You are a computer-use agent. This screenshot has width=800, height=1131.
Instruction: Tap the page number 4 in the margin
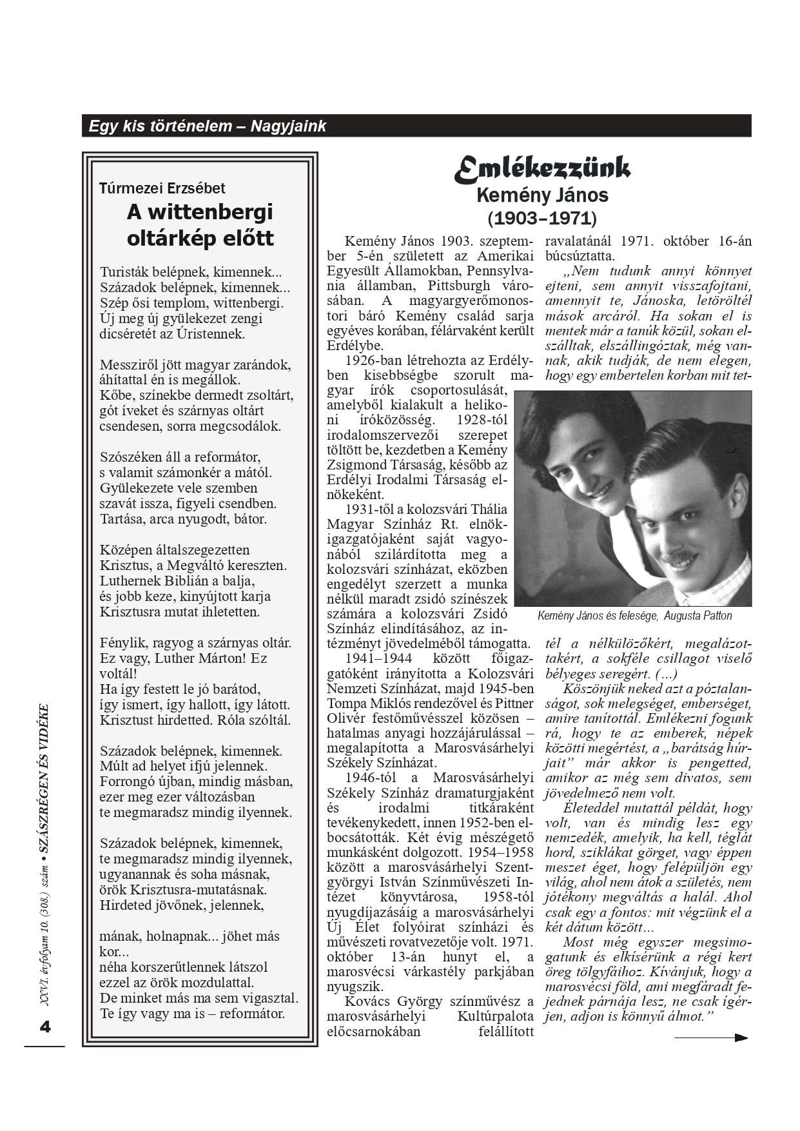pos(44,1027)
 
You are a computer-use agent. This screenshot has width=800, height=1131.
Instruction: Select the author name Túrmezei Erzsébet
pos(162,188)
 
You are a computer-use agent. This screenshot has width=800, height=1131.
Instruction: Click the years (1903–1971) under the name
pos(542,218)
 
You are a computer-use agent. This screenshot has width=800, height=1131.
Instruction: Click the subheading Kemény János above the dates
pos(542,195)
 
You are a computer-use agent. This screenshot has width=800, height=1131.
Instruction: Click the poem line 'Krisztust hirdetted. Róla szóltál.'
pos(195,720)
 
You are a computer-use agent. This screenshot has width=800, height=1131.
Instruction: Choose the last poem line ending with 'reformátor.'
pos(191,1013)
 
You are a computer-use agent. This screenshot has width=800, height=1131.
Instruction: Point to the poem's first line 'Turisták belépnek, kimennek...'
pos(191,272)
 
